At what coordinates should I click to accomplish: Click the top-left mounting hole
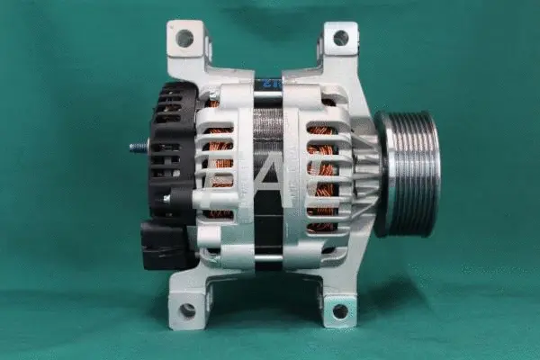(184, 39)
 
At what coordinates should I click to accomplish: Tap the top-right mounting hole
(341, 38)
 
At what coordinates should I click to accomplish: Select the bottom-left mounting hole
(187, 310)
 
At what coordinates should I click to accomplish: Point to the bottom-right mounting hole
(340, 311)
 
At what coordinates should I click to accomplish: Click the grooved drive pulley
(410, 173)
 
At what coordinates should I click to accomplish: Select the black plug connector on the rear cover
(159, 243)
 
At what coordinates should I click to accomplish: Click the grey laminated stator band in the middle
(270, 135)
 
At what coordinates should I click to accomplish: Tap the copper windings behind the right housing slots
(322, 171)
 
